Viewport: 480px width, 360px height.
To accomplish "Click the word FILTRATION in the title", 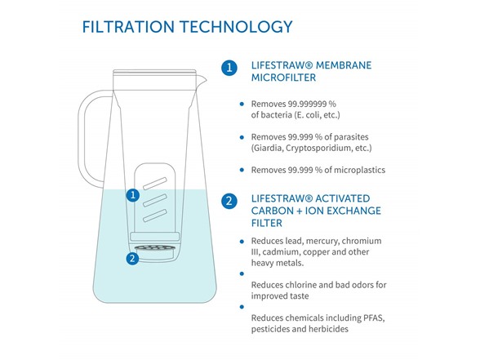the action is click(x=128, y=27).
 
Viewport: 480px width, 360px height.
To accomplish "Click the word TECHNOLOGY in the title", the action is click(x=237, y=27).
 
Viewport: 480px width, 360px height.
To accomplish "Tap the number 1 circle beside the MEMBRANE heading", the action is click(x=229, y=67).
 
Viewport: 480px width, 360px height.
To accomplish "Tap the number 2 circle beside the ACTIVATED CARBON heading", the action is click(x=229, y=201).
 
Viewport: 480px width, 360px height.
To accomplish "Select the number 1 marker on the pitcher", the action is click(x=133, y=195).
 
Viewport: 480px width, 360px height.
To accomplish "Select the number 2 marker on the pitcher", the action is click(x=132, y=258).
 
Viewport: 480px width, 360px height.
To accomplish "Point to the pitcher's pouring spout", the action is click(x=202, y=81).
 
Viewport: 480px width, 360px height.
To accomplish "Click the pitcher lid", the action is click(x=154, y=73).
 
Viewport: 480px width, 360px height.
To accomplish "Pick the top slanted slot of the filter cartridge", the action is click(x=155, y=184).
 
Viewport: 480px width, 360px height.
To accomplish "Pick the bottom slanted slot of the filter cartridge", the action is click(x=155, y=216).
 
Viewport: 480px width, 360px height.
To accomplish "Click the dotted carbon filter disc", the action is click(x=154, y=247).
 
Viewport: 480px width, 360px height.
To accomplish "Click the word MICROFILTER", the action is click(x=283, y=78).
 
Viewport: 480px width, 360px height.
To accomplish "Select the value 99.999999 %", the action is click(x=312, y=104).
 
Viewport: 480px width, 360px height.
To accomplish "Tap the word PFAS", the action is click(x=374, y=318).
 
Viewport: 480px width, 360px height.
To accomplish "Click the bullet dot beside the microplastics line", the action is click(x=242, y=170).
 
